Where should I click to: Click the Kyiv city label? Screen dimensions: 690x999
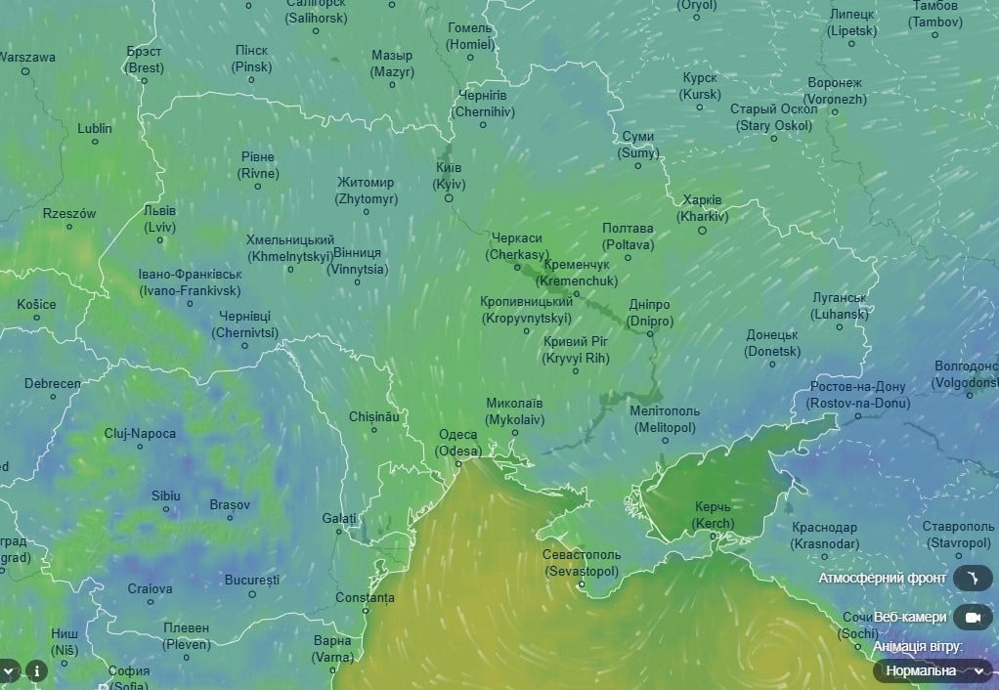click(449, 176)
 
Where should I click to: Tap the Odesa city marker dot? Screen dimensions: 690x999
click(458, 463)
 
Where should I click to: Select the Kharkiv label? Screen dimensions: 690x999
click(703, 207)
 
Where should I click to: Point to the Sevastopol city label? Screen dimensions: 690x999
click(582, 562)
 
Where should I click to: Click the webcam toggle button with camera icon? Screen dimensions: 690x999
click(972, 618)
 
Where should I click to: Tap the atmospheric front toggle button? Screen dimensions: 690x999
click(972, 579)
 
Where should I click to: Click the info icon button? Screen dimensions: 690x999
click(36, 670)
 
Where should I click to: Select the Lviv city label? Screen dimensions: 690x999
click(159, 219)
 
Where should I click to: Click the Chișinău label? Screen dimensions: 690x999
click(374, 416)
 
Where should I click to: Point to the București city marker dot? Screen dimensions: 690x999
click(252, 593)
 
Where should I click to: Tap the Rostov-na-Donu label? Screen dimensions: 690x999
click(858, 395)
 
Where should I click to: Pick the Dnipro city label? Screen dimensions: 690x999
click(650, 312)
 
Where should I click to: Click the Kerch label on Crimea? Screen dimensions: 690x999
click(713, 515)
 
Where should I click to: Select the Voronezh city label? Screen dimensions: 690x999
click(835, 91)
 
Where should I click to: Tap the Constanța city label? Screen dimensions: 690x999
click(365, 597)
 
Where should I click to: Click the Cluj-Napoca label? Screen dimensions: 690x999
click(141, 433)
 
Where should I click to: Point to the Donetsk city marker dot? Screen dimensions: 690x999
click(772, 365)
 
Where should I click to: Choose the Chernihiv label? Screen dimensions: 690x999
click(483, 103)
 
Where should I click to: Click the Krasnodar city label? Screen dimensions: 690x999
click(825, 535)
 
